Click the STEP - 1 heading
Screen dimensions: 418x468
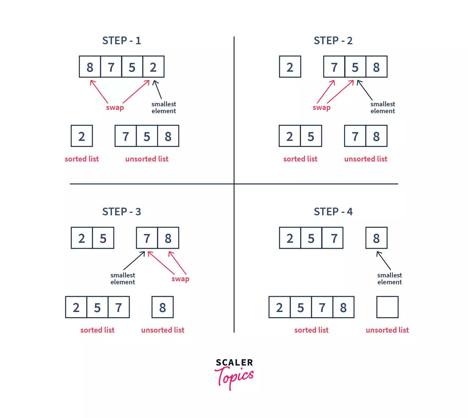coord(121,41)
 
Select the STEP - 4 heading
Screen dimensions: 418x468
coord(333,212)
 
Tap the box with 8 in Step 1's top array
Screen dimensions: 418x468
coord(90,67)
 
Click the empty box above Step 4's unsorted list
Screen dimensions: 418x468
coord(387,307)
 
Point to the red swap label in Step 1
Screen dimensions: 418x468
coord(115,107)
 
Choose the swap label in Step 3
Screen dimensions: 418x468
coord(180,279)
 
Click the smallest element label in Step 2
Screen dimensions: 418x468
coord(382,107)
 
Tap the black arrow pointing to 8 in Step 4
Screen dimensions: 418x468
coord(384,260)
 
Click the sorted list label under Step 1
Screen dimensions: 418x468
coord(82,159)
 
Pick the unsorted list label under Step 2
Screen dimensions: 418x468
coord(366,159)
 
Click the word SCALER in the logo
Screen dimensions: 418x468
coord(234,363)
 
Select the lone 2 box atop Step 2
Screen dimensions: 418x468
coord(290,67)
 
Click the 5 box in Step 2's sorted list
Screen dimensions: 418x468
coord(311,136)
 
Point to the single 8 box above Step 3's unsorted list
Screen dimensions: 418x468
coord(163,307)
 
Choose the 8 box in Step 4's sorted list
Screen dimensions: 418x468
coord(343,307)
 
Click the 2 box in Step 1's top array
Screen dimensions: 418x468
coord(153,67)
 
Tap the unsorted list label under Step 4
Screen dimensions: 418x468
coord(387,330)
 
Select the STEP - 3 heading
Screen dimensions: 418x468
coord(121,212)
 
